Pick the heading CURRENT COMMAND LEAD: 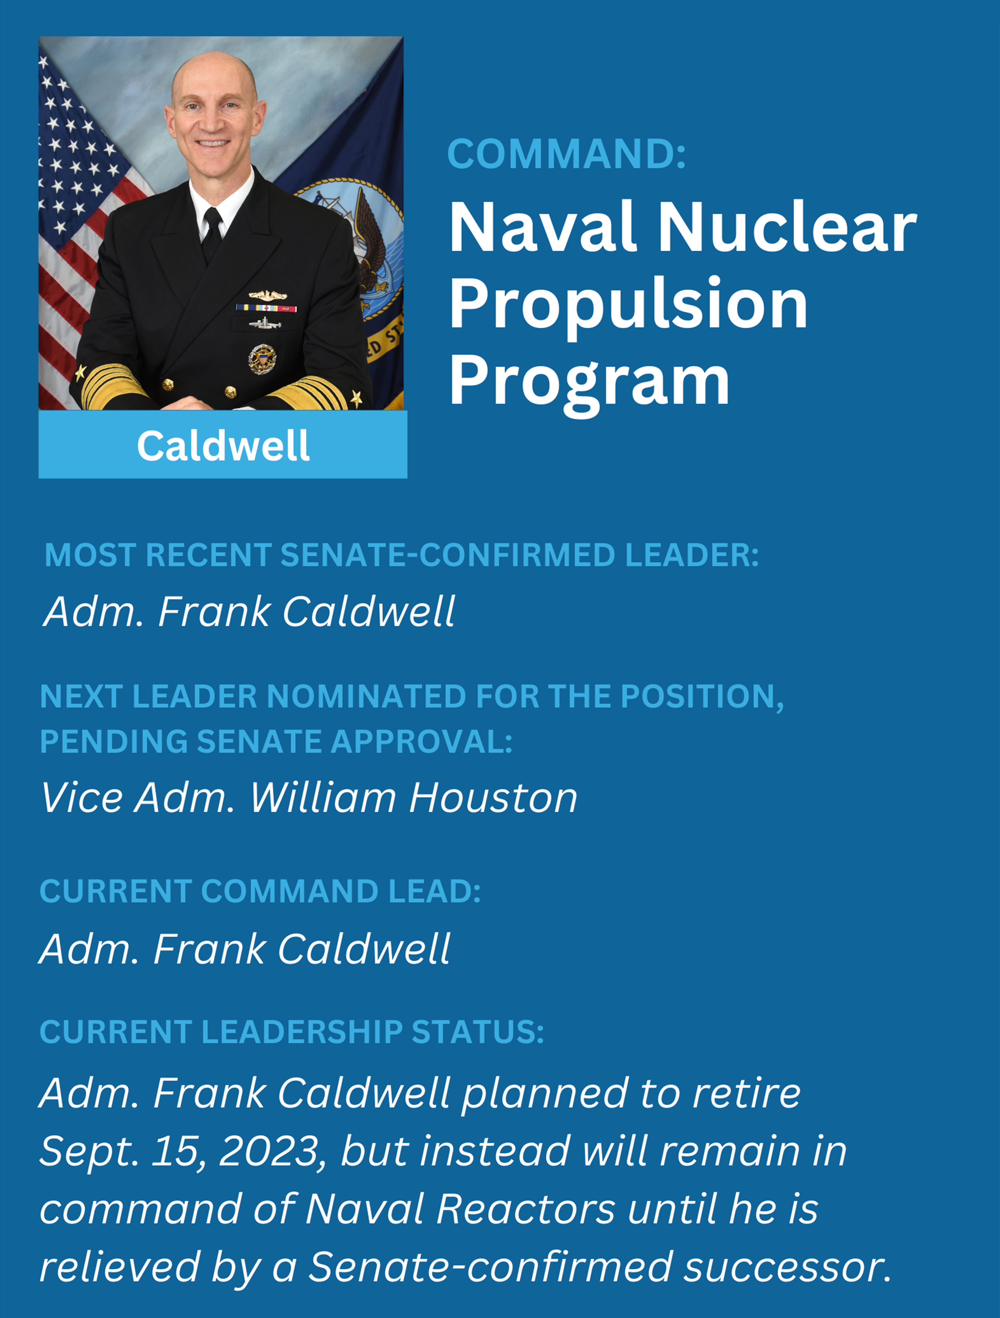coord(260,891)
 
